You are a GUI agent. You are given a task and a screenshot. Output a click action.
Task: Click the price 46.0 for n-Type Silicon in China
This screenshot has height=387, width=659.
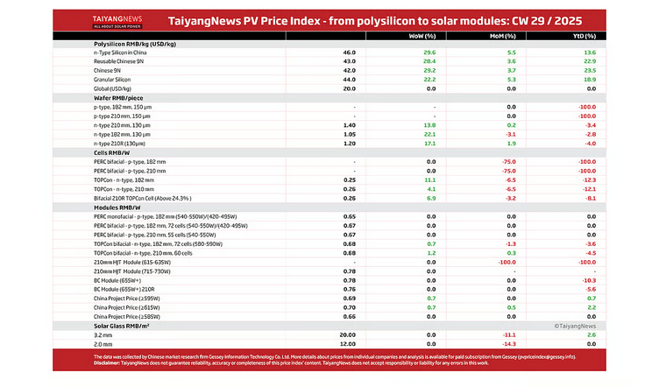[349, 53]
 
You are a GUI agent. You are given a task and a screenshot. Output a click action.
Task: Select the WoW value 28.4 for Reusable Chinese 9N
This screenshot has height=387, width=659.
[429, 61]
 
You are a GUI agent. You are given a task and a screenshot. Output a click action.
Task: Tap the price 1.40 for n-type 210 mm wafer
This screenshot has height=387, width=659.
[349, 125]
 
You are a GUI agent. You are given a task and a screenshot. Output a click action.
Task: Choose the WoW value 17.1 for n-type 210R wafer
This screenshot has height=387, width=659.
[429, 143]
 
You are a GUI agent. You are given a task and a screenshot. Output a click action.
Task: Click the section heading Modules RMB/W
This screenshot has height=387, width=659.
[122, 207]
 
